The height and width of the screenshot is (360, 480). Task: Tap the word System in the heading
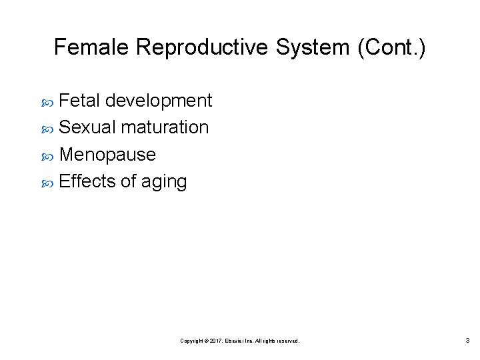click(x=300, y=47)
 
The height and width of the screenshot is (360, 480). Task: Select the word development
click(x=159, y=101)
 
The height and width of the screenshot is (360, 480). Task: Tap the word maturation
click(x=165, y=127)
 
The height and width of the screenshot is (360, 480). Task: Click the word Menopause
click(x=107, y=155)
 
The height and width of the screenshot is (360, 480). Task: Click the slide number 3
click(x=467, y=341)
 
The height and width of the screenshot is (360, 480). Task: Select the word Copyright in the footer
click(x=193, y=341)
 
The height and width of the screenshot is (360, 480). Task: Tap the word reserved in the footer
click(x=287, y=341)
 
